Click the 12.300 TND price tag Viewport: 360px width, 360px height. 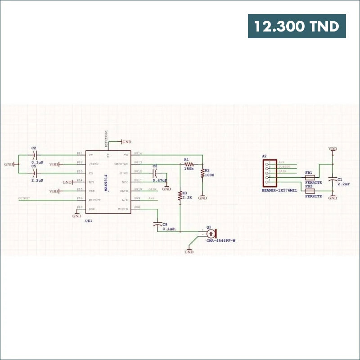point(297,26)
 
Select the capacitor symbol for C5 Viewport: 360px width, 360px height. point(34,173)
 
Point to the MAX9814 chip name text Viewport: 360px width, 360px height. point(106,183)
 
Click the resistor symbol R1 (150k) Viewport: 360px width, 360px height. point(188,164)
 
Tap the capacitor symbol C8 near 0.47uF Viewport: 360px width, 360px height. point(155,173)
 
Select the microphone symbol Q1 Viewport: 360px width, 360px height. point(210,234)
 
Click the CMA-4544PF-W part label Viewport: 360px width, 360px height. point(221,241)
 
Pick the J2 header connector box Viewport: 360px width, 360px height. point(269,173)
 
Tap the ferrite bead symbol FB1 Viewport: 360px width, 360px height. point(309,178)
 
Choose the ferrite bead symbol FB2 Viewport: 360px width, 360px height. point(309,191)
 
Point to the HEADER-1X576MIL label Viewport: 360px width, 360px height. point(279,190)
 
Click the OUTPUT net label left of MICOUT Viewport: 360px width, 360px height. point(24,198)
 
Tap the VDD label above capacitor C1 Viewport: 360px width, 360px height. point(333,148)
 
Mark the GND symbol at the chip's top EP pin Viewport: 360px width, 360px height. point(126,142)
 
